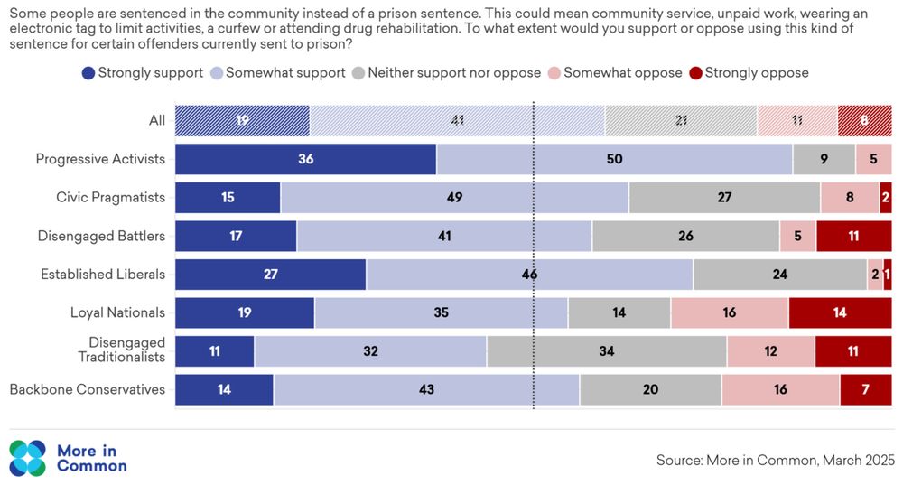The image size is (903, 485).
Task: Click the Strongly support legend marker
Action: click(88, 72)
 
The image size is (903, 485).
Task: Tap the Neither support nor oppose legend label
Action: click(454, 72)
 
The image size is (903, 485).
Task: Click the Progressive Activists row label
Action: click(100, 159)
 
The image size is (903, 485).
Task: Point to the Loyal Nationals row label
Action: click(117, 312)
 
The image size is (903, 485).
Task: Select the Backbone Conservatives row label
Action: click(88, 389)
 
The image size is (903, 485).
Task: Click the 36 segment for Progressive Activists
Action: click(305, 159)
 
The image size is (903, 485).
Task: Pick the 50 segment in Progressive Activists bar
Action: click(614, 159)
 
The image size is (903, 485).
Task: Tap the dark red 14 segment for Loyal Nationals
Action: click(840, 312)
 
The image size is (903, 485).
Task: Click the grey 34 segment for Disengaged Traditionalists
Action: click(607, 351)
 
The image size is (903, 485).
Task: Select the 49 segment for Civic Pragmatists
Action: click(454, 198)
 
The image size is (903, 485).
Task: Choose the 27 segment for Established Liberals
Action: click(270, 275)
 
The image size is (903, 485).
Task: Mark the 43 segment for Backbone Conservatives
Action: click(426, 389)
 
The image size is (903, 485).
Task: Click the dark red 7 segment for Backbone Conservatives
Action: click(866, 389)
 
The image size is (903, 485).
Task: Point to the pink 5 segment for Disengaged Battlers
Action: click(797, 236)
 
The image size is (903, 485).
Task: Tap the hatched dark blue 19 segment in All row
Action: click(242, 121)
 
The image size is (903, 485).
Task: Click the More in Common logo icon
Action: click(27, 457)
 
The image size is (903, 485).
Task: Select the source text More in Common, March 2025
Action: click(775, 460)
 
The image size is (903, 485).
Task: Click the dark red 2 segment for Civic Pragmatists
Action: click(886, 198)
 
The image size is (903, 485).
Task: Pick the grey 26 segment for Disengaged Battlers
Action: click(685, 236)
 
